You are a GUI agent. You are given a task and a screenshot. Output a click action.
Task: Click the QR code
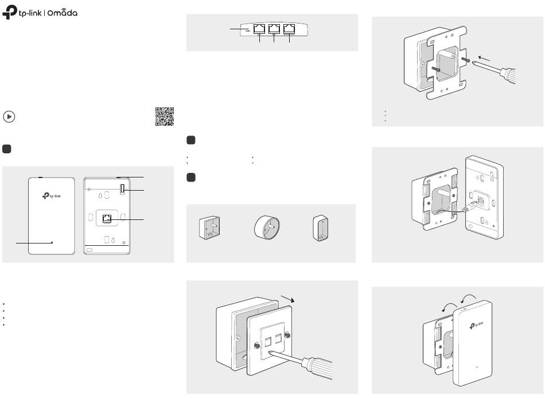tap(164, 116)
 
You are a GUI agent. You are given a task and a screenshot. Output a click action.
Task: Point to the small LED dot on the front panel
tap(52, 243)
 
